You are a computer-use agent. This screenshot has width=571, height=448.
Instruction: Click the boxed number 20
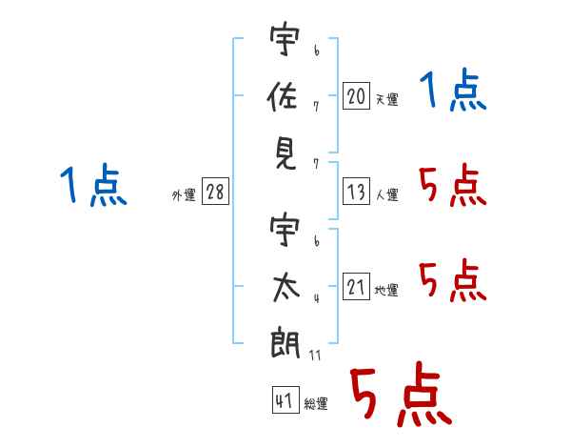click(356, 96)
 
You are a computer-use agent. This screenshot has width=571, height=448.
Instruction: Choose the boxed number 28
click(215, 193)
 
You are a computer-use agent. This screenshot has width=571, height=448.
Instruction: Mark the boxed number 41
click(284, 400)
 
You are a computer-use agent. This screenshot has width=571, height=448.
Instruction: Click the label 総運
click(316, 403)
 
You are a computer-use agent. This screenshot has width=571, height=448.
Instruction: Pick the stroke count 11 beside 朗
click(315, 356)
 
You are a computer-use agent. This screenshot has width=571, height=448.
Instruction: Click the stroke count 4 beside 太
click(315, 299)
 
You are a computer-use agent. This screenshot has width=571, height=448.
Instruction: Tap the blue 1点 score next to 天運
click(453, 92)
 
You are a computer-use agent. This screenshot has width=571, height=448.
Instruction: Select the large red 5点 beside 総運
click(400, 396)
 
